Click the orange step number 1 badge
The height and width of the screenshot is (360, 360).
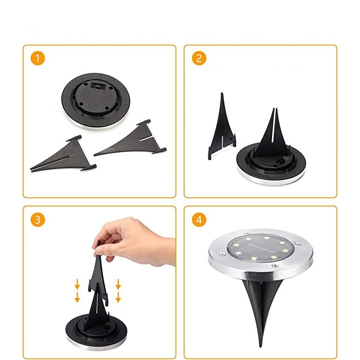coord(38,59)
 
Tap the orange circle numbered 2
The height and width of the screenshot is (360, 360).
coord(199,59)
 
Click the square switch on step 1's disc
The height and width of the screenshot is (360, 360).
coord(98,86)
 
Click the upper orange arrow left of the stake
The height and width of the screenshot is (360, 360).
coord(77,284)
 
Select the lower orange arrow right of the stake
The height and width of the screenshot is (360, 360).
coord(118,297)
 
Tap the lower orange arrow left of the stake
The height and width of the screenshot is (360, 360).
coord(77,297)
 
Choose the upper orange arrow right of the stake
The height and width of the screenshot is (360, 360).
coord(118,284)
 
